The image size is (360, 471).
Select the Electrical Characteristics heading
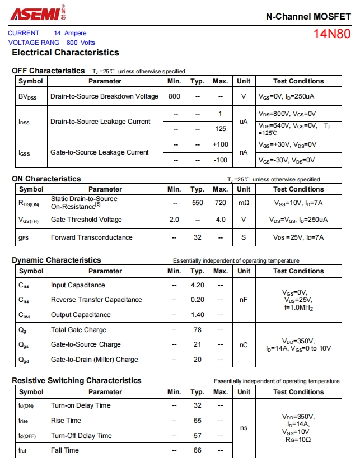[x=66, y=53]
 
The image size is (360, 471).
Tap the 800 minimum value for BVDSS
[x=175, y=96]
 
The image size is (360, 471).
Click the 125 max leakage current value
[x=221, y=129]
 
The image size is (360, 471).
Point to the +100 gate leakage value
[x=221, y=144]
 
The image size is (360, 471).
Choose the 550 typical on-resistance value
[x=198, y=203]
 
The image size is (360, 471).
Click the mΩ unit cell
[x=244, y=203]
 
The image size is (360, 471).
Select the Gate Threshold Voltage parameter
[x=86, y=220]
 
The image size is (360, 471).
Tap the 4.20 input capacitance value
[x=198, y=285]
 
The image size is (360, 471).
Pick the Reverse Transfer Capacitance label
[x=96, y=300]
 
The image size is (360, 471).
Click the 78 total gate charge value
[x=198, y=330]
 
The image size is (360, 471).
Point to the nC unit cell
[x=244, y=345]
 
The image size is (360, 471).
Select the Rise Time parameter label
[x=66, y=421]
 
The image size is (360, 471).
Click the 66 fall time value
[x=198, y=450]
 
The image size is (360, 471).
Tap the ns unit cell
[x=244, y=428]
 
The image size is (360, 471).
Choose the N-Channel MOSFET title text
[x=308, y=16]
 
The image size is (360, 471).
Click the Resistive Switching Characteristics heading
[x=77, y=381]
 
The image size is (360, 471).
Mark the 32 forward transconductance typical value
[x=198, y=237]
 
